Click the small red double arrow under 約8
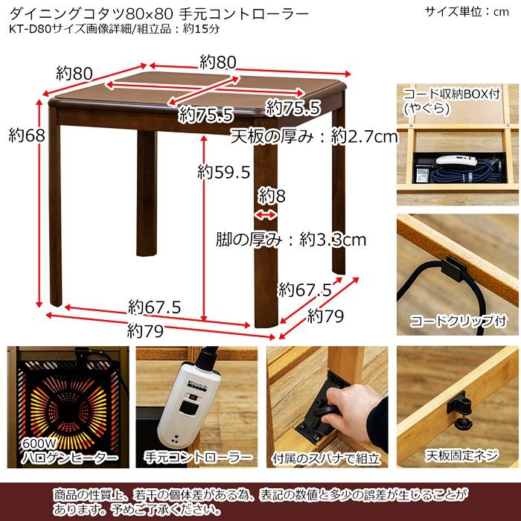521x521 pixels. [x=264, y=214]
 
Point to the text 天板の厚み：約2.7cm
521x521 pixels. [x=314, y=137]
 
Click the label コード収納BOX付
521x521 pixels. [x=451, y=95]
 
